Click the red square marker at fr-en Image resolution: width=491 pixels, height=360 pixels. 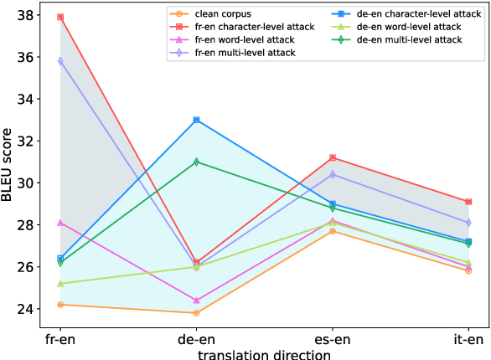(59, 17)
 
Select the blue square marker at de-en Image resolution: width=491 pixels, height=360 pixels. (196, 120)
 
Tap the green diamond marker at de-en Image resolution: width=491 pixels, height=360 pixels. (196, 162)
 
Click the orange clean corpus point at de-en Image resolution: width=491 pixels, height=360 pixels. (196, 313)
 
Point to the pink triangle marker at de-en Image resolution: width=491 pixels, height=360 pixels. (196, 300)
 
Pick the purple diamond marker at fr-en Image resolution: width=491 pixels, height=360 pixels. (59, 61)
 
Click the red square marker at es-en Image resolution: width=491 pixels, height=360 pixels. (333, 157)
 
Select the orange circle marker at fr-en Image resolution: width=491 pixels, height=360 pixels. (59, 305)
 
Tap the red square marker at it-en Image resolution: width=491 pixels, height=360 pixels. (468, 202)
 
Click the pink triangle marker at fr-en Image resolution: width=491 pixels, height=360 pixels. (59, 223)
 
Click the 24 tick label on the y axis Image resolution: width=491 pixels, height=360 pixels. (24, 309)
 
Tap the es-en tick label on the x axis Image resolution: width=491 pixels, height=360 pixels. (333, 339)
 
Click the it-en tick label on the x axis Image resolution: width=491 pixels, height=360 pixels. (468, 339)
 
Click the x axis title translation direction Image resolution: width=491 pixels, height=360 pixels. (264, 353)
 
